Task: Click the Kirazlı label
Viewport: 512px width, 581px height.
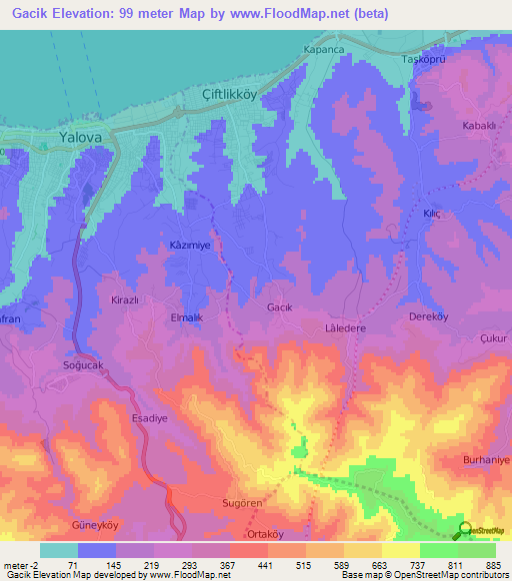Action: point(125,298)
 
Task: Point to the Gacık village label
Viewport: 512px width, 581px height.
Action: point(279,308)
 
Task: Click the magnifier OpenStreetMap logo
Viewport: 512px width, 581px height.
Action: point(464,530)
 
